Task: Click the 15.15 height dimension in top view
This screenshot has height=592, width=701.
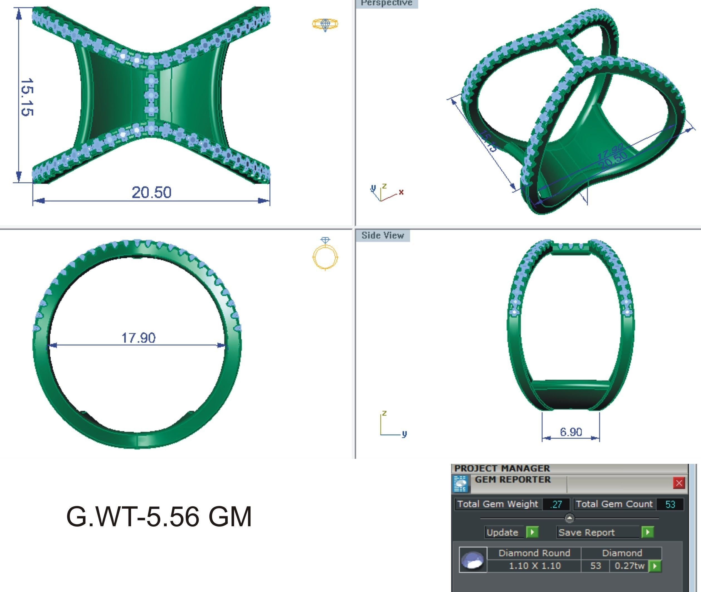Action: coord(27,97)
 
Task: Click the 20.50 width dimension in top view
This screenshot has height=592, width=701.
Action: coord(152,192)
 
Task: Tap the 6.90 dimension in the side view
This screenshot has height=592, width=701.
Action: coord(571,432)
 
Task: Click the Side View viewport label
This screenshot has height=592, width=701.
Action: coord(383,236)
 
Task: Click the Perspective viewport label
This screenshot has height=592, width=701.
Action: coord(386,3)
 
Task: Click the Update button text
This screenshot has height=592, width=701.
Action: coord(502,533)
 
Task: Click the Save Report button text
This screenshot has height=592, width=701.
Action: coord(586,533)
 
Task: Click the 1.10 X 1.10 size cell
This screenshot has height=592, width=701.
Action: coord(534,566)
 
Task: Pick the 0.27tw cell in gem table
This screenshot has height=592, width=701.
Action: coord(629,566)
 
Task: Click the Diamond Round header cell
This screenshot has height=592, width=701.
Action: coord(534,553)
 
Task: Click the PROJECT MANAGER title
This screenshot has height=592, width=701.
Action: coord(502,468)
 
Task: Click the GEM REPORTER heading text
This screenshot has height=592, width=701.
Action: coord(513,479)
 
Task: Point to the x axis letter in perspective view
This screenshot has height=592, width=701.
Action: coord(401,192)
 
